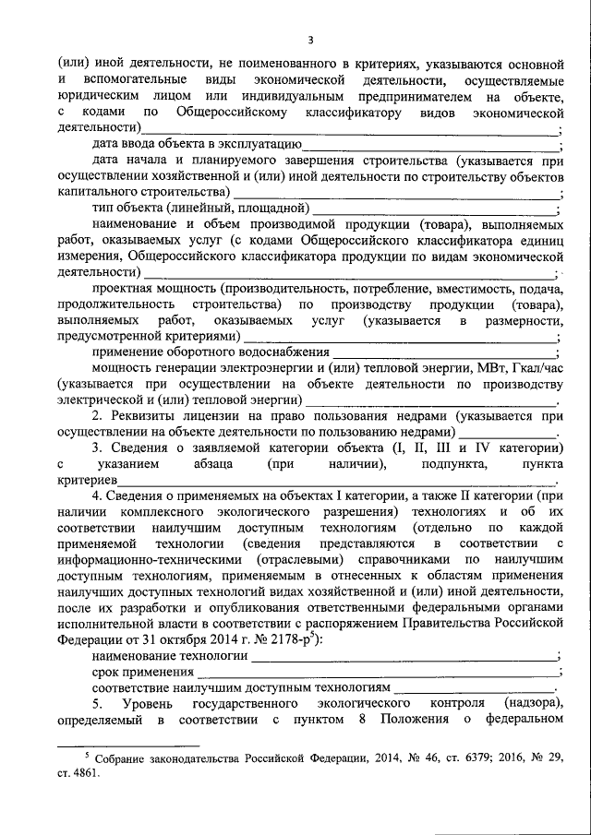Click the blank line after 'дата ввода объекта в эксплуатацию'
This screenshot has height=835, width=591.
click(x=429, y=146)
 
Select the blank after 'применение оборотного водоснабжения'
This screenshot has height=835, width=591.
click(x=444, y=352)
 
